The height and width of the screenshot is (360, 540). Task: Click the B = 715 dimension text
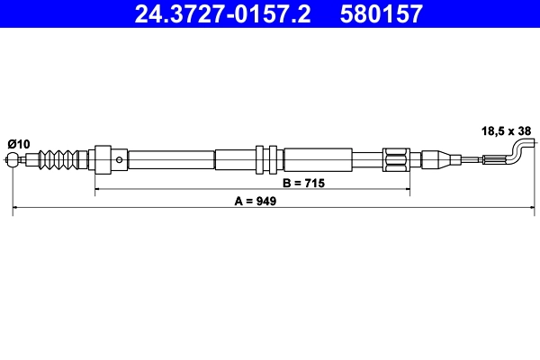pyautogui.click(x=302, y=183)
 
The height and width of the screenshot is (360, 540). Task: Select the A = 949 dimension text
pyautogui.click(x=255, y=202)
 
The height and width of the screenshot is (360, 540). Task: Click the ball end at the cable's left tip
pyautogui.click(x=13, y=161)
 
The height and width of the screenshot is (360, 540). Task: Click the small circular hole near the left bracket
pyautogui.click(x=121, y=160)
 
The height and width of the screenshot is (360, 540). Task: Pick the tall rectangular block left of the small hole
pyautogui.click(x=102, y=160)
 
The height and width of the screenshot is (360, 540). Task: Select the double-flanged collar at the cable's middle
pyautogui.click(x=268, y=160)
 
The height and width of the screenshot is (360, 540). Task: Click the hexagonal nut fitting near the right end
pyautogui.click(x=397, y=160)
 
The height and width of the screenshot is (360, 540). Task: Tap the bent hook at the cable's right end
pyautogui.click(x=519, y=149)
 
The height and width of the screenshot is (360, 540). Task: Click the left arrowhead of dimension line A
pyautogui.click(x=17, y=209)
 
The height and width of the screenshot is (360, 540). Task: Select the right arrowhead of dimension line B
pyautogui.click(x=407, y=190)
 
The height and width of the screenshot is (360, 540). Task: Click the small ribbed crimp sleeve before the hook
pyautogui.click(x=495, y=160)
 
